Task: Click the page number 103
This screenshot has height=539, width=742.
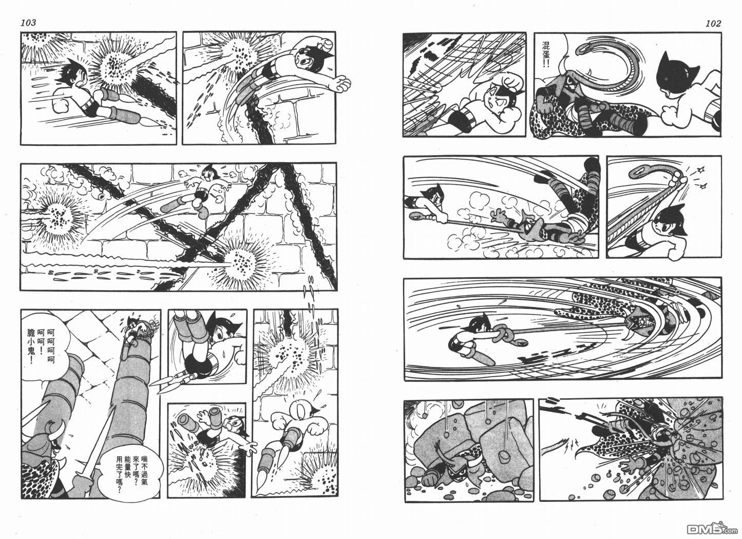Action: [x=28, y=23]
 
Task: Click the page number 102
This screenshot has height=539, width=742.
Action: [x=713, y=23]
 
